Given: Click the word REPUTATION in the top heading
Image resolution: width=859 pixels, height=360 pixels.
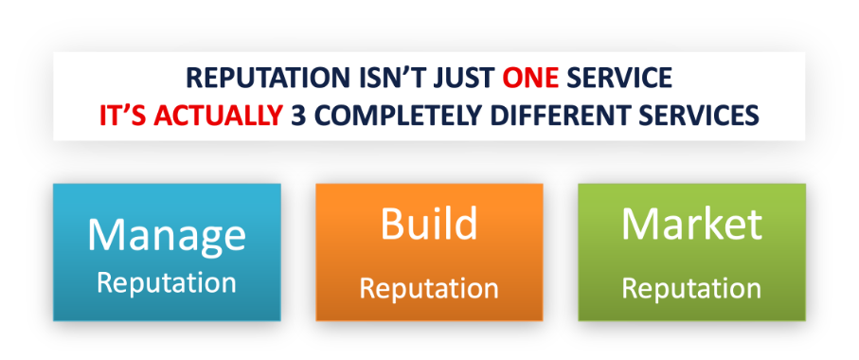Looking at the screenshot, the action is pos(267,79).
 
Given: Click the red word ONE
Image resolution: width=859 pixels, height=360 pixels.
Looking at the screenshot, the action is pos(531,79).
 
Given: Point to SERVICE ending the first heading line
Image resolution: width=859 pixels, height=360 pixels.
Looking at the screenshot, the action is pos(619,79).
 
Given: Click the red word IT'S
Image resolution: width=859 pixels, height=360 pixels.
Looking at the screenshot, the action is pos(123,115).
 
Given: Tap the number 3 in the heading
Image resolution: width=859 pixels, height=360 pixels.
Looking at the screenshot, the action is pos(298,115).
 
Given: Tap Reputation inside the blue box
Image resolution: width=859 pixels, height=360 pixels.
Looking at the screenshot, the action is pos(167,282).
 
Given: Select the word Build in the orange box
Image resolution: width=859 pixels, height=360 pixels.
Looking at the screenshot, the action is pos(429,224).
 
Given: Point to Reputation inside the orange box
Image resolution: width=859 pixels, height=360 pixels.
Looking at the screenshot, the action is pos(429,289).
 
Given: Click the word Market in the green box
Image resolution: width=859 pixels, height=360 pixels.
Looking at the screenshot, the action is pos(692,224).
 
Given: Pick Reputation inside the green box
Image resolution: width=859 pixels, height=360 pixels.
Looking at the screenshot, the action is pos(691,289).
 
